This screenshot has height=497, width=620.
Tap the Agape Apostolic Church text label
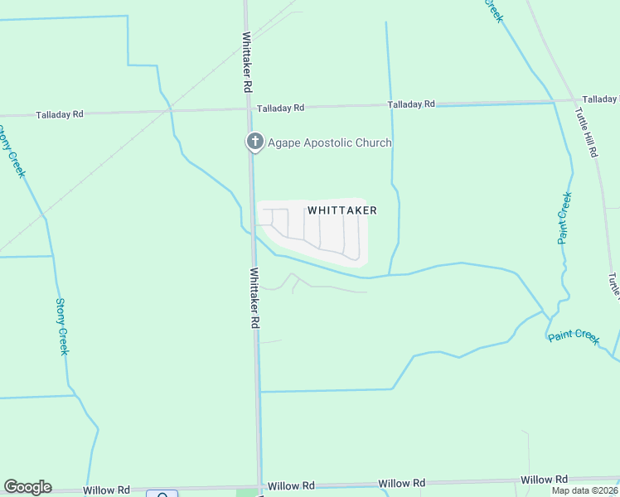tap(330, 143)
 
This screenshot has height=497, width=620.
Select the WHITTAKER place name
tap(342, 210)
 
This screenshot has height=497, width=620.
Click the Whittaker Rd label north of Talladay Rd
tap(247, 62)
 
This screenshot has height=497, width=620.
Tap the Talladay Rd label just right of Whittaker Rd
tap(281, 108)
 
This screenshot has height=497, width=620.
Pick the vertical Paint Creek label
tap(564, 218)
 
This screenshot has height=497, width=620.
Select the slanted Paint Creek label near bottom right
tap(574, 335)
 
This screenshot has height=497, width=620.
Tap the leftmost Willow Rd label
tap(108, 490)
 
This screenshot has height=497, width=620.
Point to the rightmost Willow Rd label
tap(544, 480)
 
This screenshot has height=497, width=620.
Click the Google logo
tap(27, 487)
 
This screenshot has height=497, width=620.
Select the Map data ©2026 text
tap(584, 490)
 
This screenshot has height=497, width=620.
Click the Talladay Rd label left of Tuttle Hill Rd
tap(412, 104)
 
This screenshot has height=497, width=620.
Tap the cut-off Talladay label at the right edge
tap(600, 99)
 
